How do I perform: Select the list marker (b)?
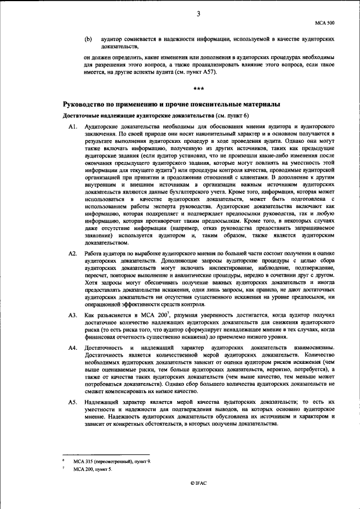point(88,40)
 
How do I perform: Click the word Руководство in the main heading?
point(88,105)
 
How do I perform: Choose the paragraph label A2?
point(72,254)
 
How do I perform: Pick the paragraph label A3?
point(72,316)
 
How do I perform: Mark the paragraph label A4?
point(72,349)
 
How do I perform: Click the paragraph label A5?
point(72,403)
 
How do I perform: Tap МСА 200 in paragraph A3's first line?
point(160,316)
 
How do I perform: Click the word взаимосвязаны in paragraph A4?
point(316,349)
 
